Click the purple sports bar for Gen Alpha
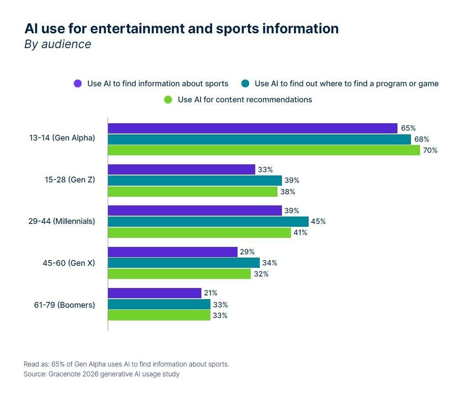coord(252,128)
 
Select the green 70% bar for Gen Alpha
coord(264,150)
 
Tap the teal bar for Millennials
coord(208,221)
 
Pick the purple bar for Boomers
coord(154,293)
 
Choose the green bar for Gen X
coord(179,274)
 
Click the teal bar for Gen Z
coord(195,180)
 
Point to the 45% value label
coord(318,221)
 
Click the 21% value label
coord(210,293)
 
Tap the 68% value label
coord(421,139)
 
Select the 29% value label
coord(247,252)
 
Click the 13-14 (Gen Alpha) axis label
coord(62,138)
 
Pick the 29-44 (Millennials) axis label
coord(62,221)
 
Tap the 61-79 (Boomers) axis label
coord(65,305)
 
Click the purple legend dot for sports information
coord(78,83)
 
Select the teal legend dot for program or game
coord(245,83)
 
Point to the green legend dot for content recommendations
coord(168,99)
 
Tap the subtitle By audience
coord(58,44)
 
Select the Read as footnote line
coord(126,364)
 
